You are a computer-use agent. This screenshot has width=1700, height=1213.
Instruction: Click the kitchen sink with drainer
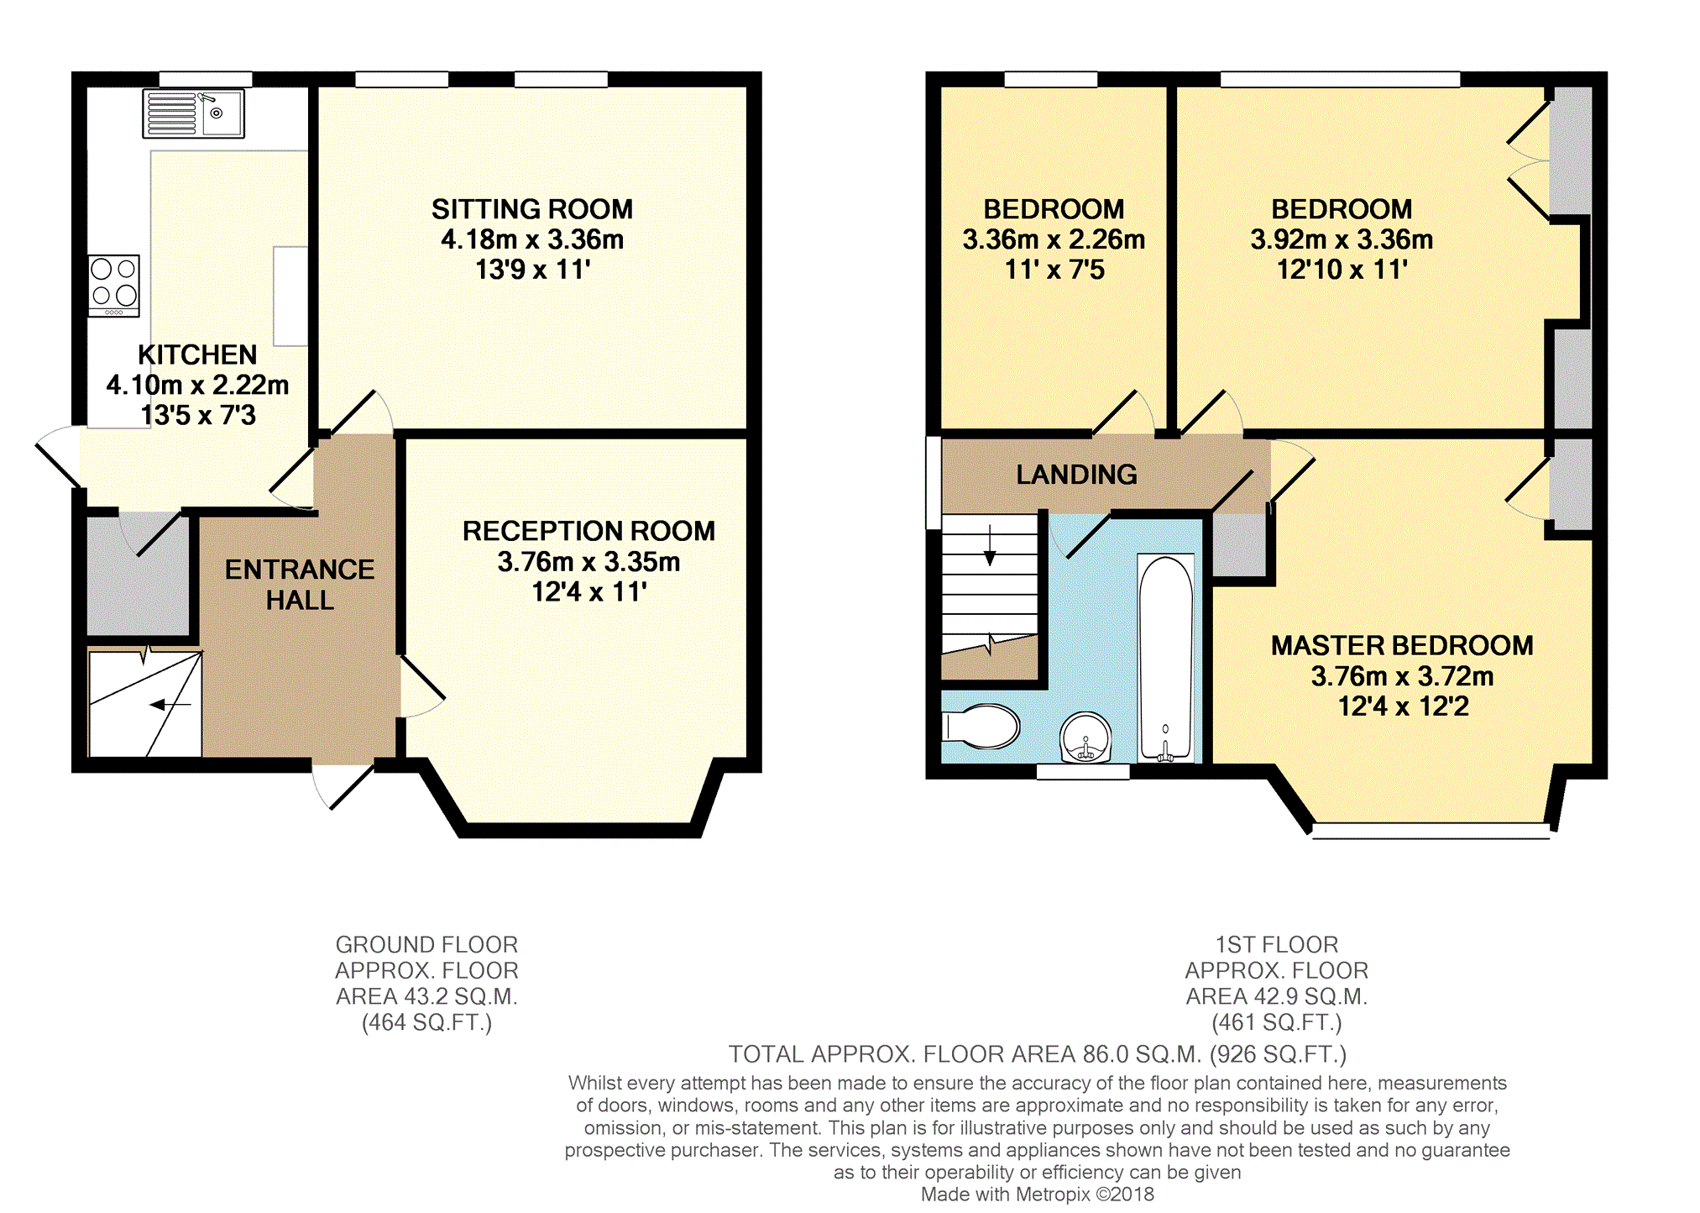(x=194, y=113)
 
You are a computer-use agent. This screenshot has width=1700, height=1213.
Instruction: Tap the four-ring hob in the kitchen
(x=114, y=286)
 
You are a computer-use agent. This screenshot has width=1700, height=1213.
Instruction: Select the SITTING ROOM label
(x=532, y=209)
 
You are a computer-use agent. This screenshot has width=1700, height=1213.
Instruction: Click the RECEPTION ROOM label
(x=588, y=531)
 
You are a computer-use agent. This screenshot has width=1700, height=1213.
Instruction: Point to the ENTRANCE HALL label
(x=300, y=585)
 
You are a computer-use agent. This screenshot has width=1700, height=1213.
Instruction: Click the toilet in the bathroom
(x=981, y=726)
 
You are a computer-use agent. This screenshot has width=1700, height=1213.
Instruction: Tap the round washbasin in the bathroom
(x=1085, y=738)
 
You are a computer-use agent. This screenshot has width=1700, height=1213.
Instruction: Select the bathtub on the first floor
(x=1165, y=659)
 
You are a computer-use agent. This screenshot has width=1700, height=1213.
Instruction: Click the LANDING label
(x=1077, y=475)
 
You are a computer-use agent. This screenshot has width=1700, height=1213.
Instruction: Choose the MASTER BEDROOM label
(x=1402, y=645)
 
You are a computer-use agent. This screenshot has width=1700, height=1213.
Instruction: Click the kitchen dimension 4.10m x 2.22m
(x=198, y=385)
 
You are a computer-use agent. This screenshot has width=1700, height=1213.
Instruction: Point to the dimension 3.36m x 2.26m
(x=1054, y=239)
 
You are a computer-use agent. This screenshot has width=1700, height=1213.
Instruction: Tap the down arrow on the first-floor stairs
(x=990, y=545)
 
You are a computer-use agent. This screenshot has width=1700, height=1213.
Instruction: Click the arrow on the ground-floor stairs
(x=170, y=704)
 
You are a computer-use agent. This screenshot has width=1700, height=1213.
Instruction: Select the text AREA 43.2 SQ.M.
(x=426, y=996)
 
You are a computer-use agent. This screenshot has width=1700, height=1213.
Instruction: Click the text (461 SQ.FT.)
(x=1277, y=1022)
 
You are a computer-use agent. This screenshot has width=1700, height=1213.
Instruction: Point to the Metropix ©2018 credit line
(x=1038, y=1195)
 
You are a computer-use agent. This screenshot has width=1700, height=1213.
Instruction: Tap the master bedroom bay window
(x=1431, y=831)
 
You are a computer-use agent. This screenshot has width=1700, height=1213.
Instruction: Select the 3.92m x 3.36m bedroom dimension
(x=1342, y=239)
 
